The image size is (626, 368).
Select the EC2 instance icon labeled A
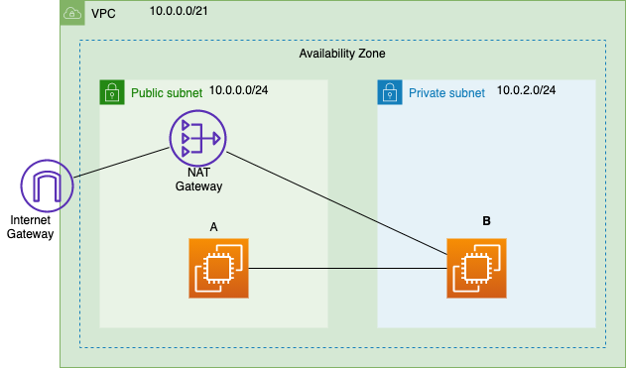[219, 268]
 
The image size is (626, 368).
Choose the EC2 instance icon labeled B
[476, 268]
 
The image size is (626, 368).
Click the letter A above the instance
[214, 227]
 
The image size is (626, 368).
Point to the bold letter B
[486, 220]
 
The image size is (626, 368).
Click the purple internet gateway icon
[47, 188]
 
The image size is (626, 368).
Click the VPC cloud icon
[72, 13]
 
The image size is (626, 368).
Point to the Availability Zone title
[342, 54]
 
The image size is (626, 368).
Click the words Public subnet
[166, 94]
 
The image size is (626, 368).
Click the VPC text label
[102, 14]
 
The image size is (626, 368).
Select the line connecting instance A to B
[347, 268]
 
